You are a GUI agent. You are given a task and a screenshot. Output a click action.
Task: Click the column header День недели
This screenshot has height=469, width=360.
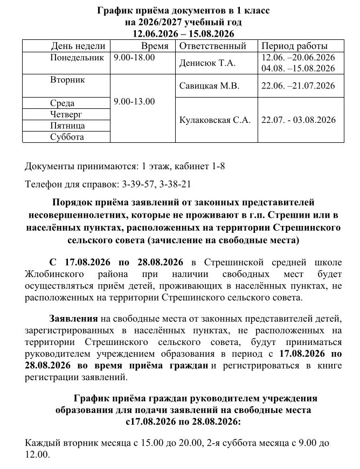point(78,46)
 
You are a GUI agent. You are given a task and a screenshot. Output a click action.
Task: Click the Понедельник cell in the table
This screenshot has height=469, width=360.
point(76,57)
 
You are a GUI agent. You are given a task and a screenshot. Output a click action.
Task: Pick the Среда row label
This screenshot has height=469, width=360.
point(62,103)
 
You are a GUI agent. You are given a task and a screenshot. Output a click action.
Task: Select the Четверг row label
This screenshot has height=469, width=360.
point(66,114)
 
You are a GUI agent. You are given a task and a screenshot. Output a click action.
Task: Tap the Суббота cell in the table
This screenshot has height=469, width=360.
point(67,137)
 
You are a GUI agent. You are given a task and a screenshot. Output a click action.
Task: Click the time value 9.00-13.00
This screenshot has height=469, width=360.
point(135,101)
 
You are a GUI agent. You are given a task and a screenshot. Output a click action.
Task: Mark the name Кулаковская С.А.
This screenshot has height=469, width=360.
point(215,120)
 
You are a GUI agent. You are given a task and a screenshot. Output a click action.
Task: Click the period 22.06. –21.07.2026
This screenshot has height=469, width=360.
point(298,86)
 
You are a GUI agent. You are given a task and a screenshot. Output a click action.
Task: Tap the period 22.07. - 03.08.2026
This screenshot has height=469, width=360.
point(298,120)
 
